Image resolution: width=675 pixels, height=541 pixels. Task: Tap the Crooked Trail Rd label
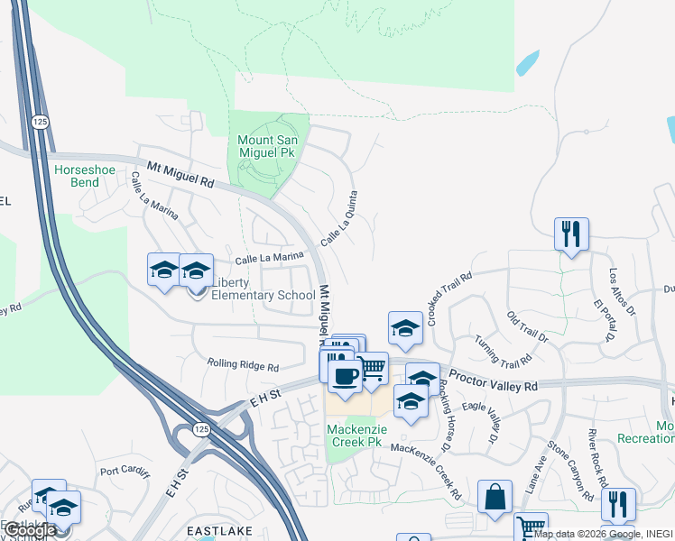450,299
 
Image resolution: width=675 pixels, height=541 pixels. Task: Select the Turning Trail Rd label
503,352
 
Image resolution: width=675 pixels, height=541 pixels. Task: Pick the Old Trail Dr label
527,327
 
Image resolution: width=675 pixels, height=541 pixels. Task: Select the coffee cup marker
344,374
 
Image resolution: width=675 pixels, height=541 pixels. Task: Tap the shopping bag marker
495,496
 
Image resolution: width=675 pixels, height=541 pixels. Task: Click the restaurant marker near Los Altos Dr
571,234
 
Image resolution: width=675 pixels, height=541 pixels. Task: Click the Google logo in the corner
29,530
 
